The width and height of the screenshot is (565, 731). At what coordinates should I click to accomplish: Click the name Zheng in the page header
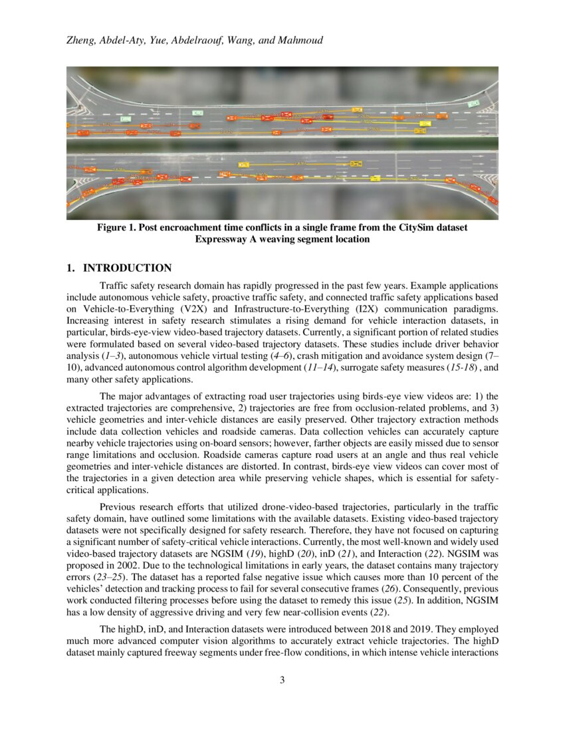tap(81, 41)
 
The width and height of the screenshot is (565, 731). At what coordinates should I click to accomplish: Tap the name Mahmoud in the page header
tap(301, 41)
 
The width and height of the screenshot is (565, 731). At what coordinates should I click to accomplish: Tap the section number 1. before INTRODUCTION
tap(70, 268)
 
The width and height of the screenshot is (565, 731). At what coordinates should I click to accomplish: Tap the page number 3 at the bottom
tap(282, 679)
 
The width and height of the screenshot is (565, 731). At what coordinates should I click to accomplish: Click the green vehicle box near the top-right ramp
tap(473, 104)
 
